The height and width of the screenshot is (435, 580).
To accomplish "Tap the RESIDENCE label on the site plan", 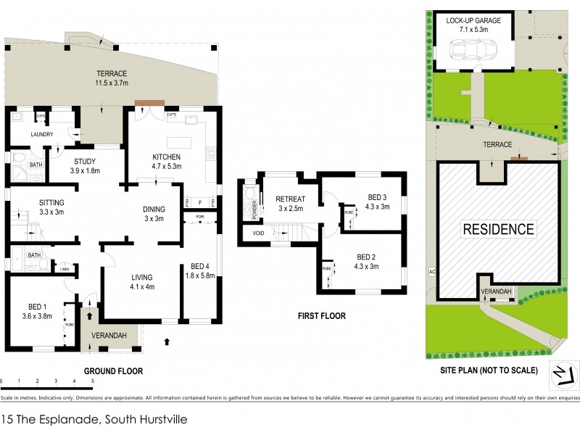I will (498, 230).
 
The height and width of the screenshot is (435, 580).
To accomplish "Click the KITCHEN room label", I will (166, 157).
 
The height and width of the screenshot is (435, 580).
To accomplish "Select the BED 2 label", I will (367, 257).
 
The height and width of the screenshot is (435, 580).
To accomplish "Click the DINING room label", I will (154, 209).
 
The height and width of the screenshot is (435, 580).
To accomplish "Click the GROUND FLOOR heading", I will (112, 370).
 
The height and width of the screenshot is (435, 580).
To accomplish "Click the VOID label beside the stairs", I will (258, 233).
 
